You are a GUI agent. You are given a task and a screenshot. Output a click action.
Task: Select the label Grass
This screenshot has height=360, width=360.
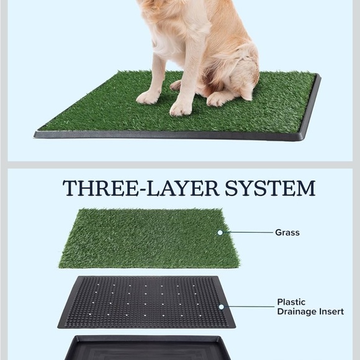pos(287,233)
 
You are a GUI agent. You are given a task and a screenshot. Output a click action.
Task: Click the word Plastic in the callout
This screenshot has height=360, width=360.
pos(291,302)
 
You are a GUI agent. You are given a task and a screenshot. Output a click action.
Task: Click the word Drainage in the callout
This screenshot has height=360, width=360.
pos(297,312)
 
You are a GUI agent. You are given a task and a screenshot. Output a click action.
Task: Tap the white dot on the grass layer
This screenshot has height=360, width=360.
pos(220,233)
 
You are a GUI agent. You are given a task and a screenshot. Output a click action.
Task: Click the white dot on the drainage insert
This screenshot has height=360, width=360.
pos(222,307)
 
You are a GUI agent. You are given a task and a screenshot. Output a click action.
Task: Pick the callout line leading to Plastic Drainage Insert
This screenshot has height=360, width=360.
pos(248,307)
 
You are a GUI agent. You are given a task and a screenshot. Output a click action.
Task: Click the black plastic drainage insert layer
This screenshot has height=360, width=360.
pos(146,302)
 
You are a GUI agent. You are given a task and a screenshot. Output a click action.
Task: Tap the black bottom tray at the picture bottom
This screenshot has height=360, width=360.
pos(146,348)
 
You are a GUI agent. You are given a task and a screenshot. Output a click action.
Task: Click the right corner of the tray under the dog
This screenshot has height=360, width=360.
pos(317,78)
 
